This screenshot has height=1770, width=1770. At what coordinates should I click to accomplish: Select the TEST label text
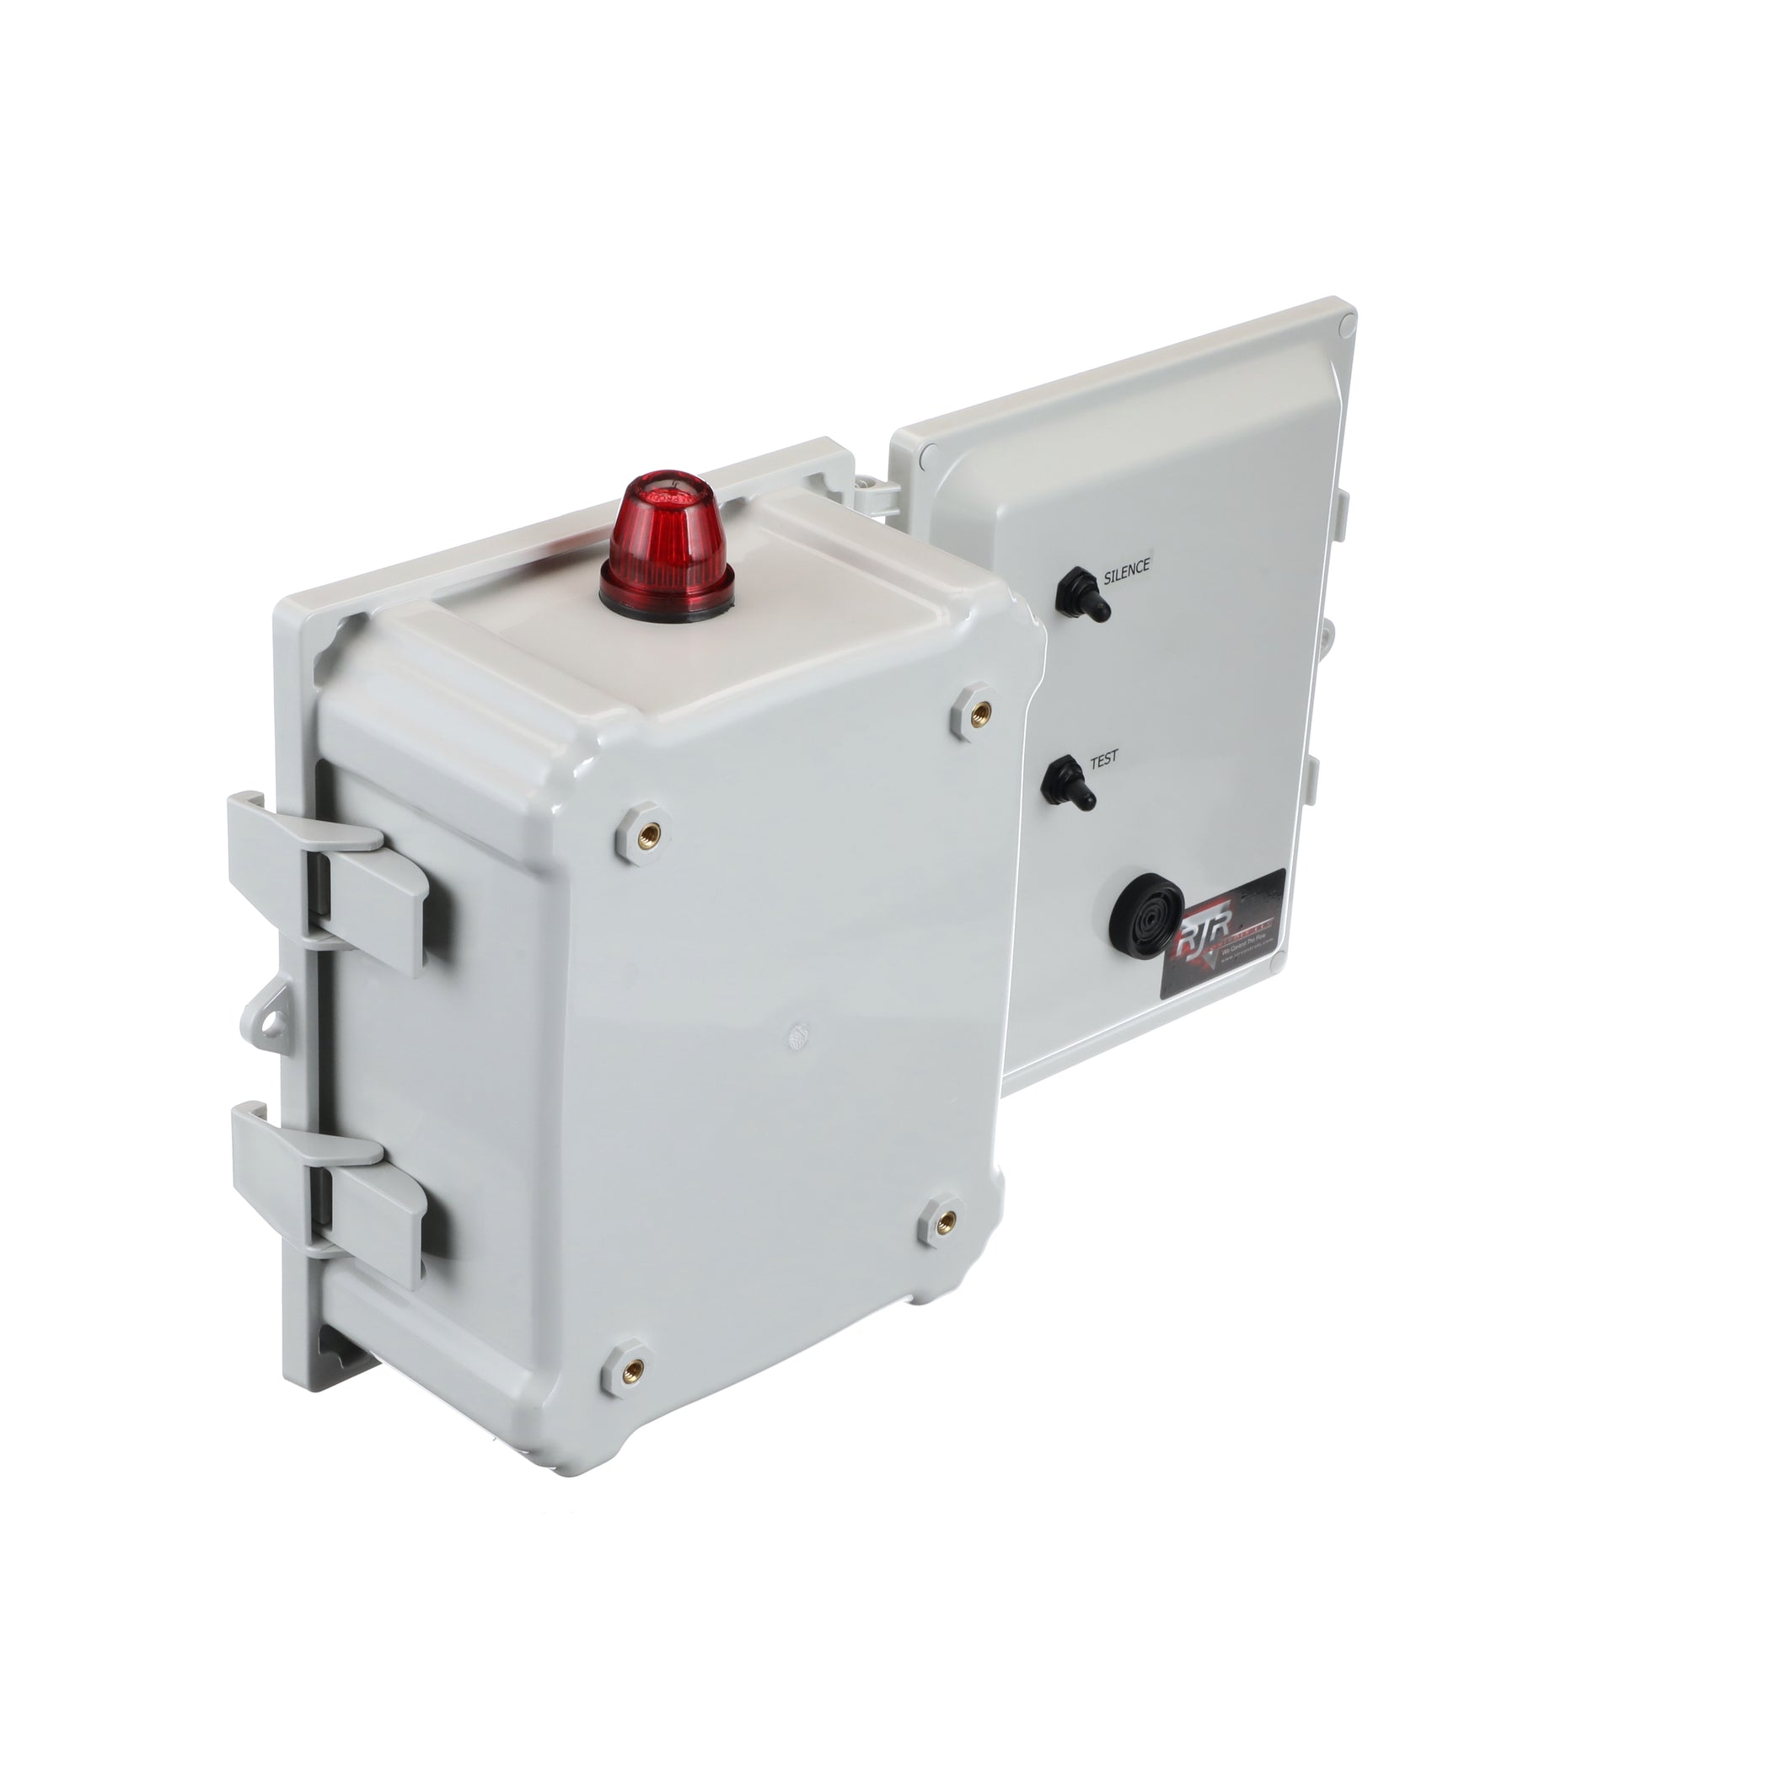click(1103, 760)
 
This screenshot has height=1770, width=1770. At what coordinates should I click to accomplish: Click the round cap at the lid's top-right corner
click(1346, 324)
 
